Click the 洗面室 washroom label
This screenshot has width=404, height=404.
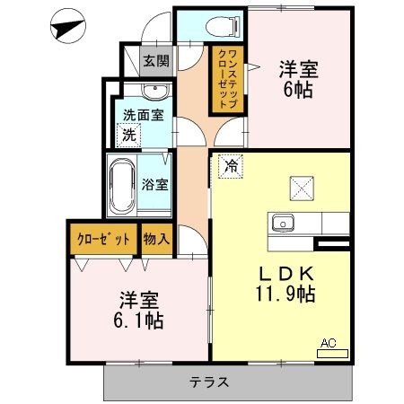click(x=143, y=115)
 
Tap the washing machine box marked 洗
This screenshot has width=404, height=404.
click(x=129, y=135)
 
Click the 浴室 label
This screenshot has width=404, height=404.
click(x=154, y=186)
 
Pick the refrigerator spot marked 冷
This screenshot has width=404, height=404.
click(x=230, y=166)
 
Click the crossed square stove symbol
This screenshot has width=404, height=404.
click(x=300, y=189)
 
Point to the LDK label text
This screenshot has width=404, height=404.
click(x=286, y=273)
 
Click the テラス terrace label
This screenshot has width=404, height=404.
click(x=208, y=382)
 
